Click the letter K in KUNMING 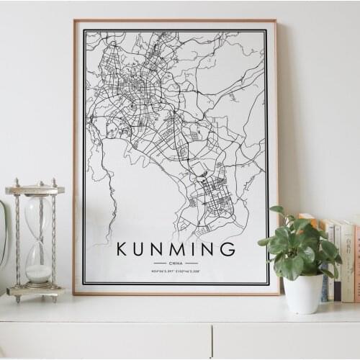point(122,250)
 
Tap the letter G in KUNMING point(228,250)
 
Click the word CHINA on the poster point(176,264)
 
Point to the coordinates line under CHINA point(176,271)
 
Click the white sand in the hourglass point(38,273)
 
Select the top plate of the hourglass point(35,190)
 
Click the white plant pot point(303,293)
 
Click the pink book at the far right point(356,263)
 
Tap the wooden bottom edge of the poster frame point(176,292)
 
